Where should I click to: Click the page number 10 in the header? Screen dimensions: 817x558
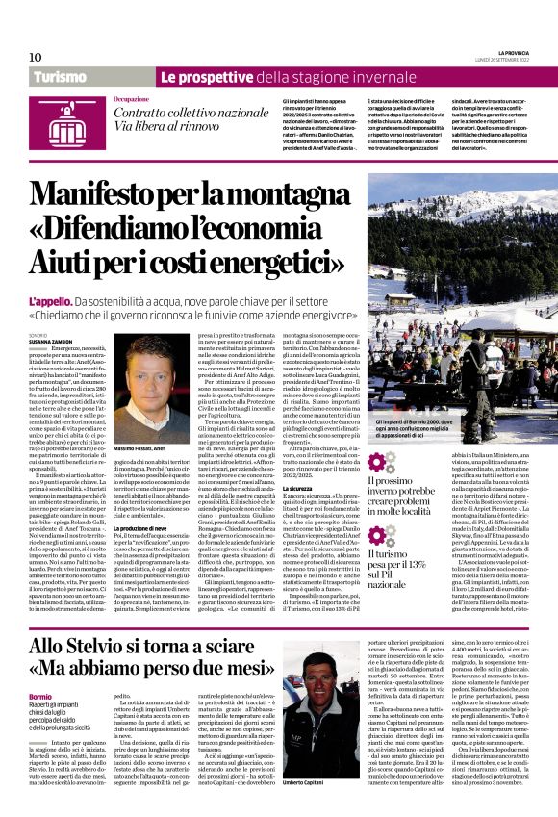[x=36, y=57]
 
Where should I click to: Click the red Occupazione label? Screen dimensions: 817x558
[x=131, y=99]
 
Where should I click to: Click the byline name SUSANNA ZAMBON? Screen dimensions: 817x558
[x=49, y=342]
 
